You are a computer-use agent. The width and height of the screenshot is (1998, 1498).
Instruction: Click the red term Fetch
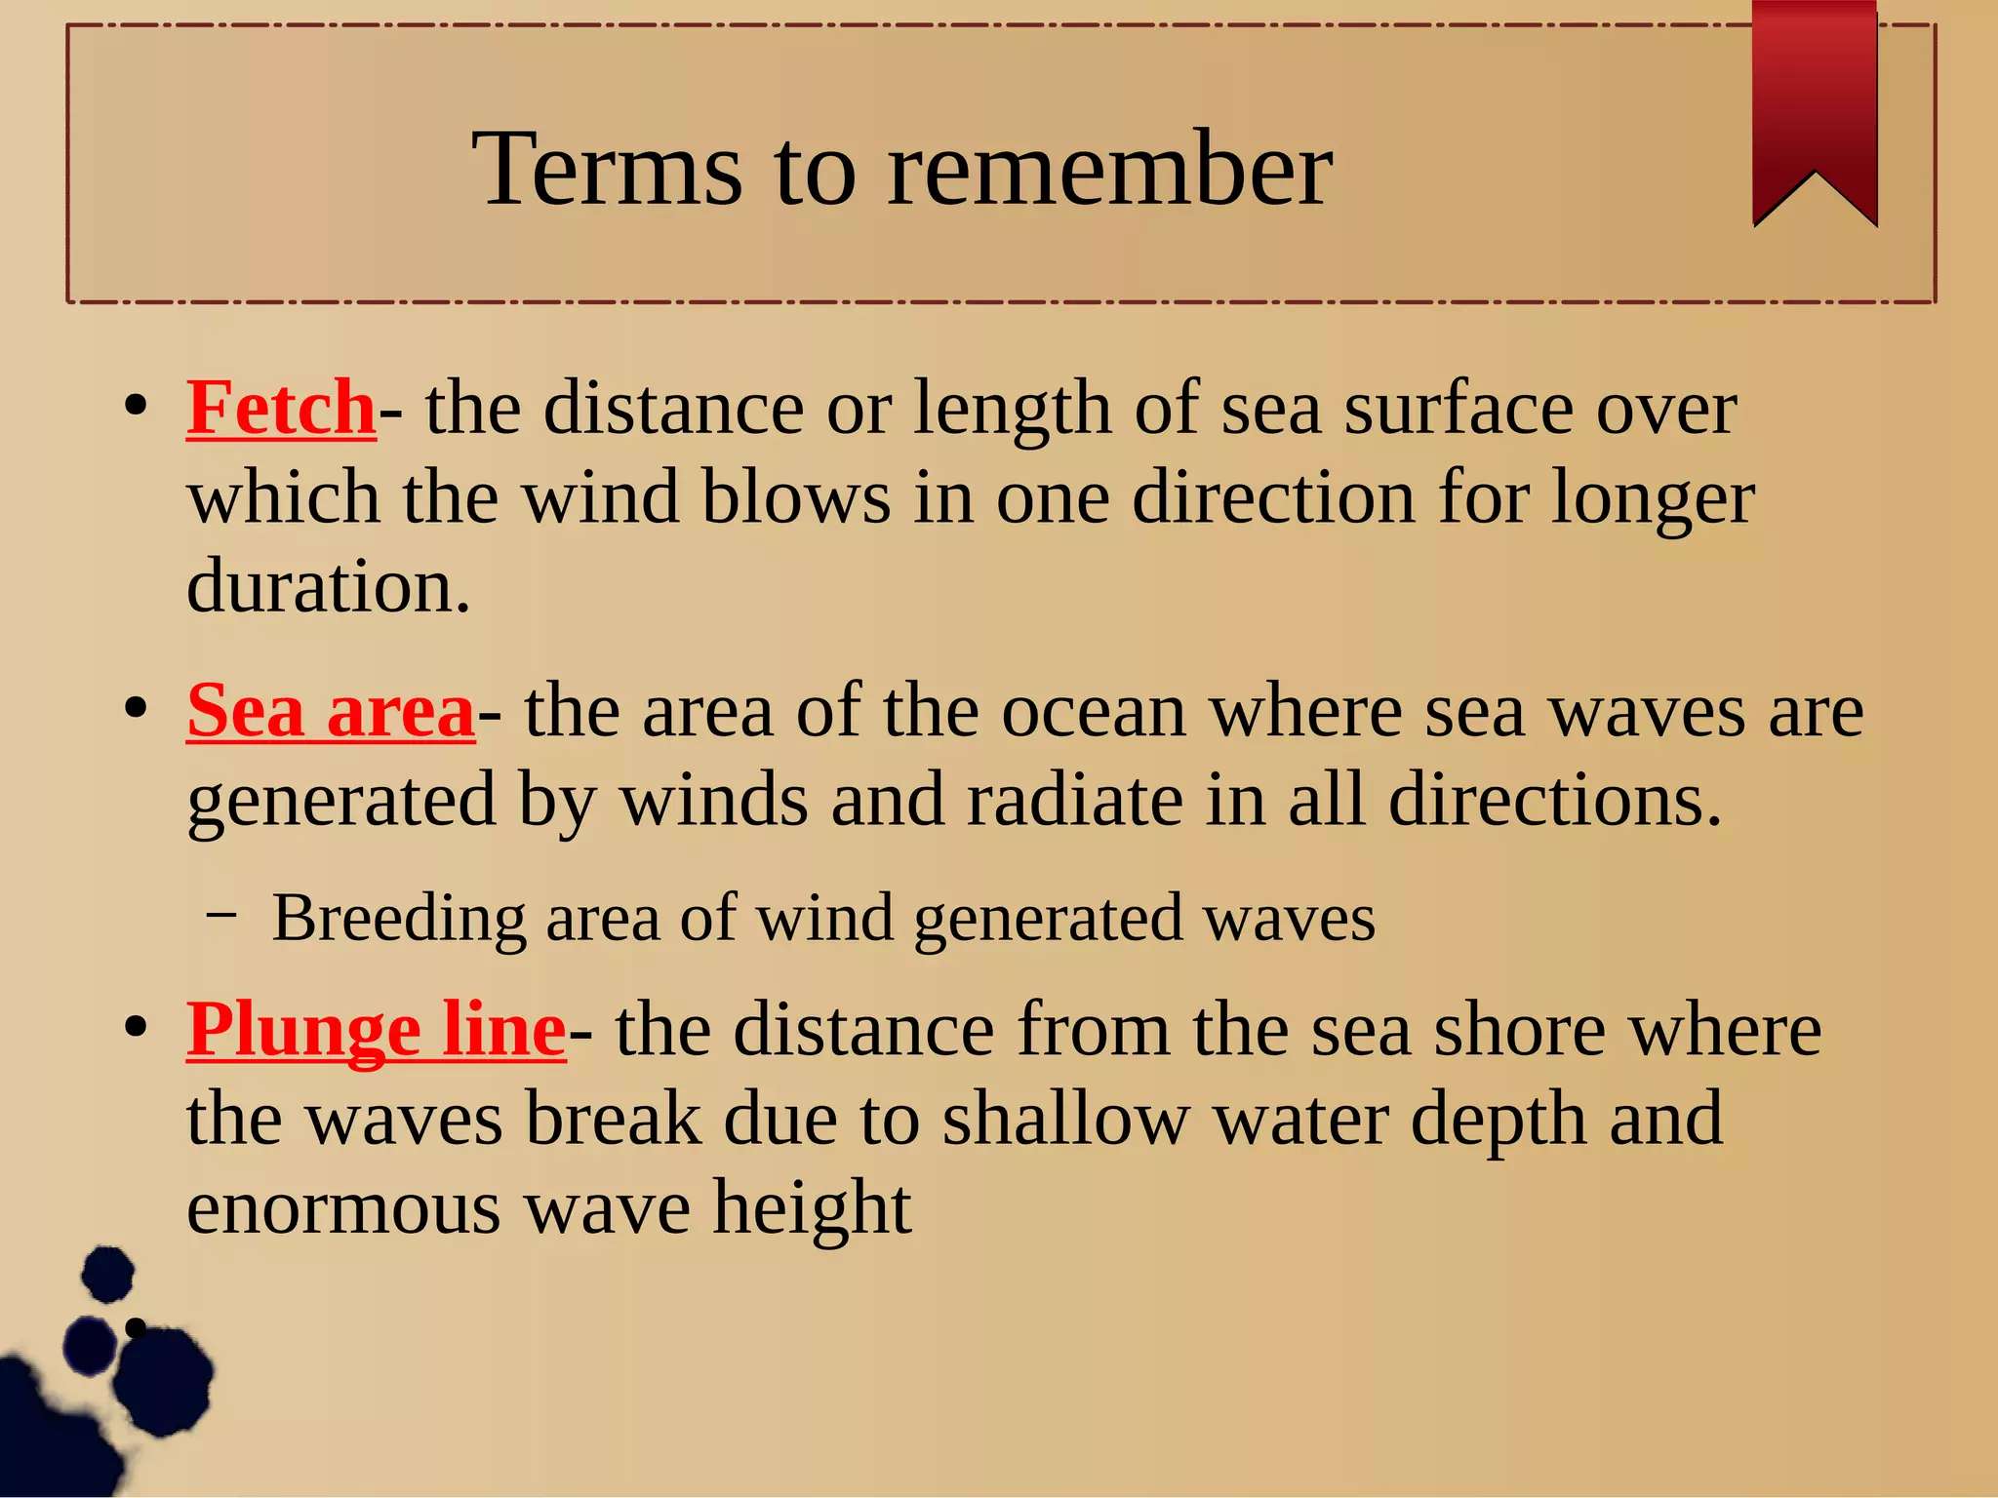tap(281, 408)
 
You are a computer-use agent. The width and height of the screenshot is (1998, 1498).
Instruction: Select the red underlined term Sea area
tap(331, 711)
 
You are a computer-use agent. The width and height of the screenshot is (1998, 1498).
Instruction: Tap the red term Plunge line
tap(377, 1030)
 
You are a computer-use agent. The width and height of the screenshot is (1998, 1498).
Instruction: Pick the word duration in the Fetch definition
tap(328, 586)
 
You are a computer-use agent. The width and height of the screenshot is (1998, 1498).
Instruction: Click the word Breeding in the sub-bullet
tap(398, 918)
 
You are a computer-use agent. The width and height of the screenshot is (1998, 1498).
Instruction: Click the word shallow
tap(1065, 1119)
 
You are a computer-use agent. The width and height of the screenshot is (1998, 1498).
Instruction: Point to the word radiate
tap(1074, 800)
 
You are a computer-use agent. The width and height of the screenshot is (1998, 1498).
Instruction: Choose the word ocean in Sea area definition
tap(1094, 711)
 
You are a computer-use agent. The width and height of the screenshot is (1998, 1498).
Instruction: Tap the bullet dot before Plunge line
tap(136, 1027)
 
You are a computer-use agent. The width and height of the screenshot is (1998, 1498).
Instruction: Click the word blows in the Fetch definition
tap(795, 497)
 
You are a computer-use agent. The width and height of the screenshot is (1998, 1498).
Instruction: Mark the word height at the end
tap(812, 1207)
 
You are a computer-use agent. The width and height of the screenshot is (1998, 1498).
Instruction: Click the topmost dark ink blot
tap(107, 1274)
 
